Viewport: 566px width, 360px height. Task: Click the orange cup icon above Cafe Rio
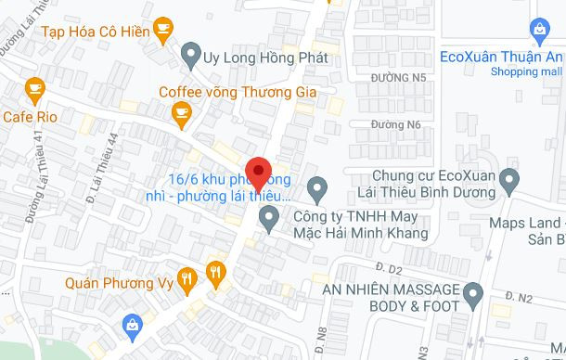[x=34, y=90]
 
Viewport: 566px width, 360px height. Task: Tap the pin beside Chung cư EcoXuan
[x=508, y=176]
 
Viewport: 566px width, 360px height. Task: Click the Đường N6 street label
[x=395, y=123]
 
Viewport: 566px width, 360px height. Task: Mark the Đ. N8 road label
[x=321, y=335]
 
